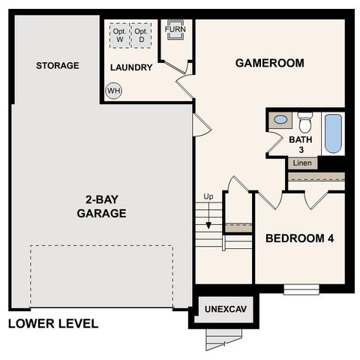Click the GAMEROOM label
(x=269, y=63)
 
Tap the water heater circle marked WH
(x=113, y=91)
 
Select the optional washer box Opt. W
(x=118, y=35)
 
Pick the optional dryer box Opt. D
(x=141, y=35)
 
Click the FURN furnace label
(x=175, y=30)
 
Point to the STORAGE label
(x=57, y=66)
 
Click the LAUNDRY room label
(x=131, y=67)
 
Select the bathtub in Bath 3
(x=332, y=133)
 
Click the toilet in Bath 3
(x=304, y=121)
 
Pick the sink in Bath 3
(x=280, y=119)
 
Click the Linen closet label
(x=301, y=163)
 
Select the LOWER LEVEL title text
(x=53, y=324)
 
